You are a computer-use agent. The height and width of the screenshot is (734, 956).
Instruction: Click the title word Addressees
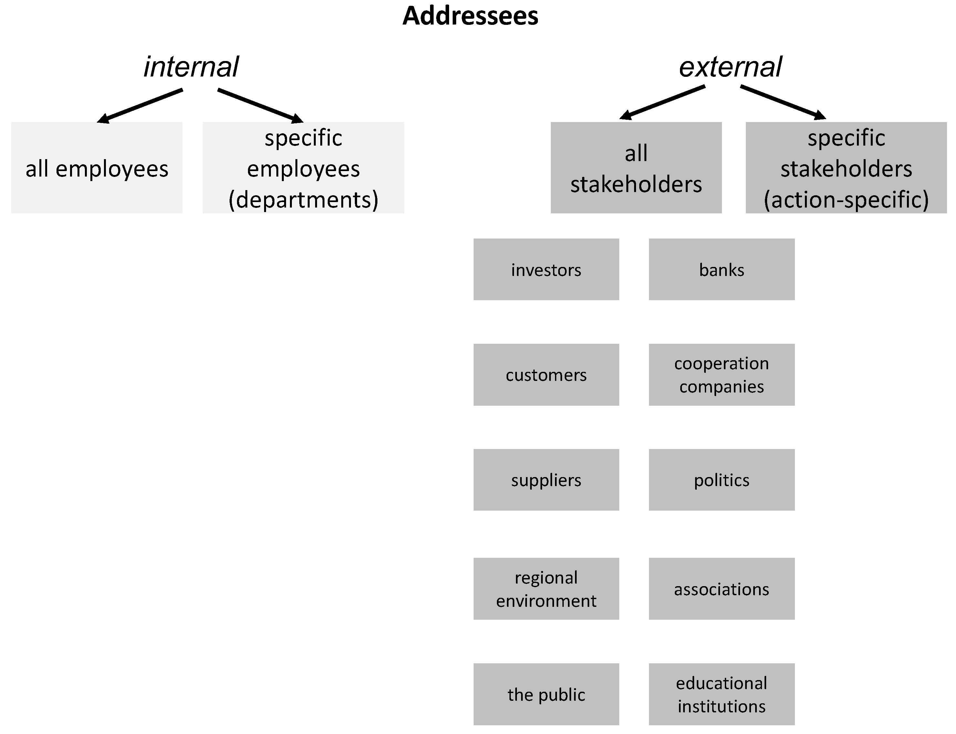point(470,16)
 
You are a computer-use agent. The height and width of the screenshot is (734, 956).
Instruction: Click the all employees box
point(97,168)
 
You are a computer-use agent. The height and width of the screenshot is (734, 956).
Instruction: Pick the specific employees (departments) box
point(303,168)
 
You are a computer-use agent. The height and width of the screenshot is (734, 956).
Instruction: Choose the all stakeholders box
point(636,168)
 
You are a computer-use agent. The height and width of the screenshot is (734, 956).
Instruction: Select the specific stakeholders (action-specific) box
point(846,168)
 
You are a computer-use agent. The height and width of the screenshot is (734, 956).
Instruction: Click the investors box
point(546,270)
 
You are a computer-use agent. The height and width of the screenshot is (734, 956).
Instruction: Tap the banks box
point(721,270)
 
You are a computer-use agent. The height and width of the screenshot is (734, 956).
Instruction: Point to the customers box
point(546,375)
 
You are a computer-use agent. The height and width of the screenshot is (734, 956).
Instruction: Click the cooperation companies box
point(721,375)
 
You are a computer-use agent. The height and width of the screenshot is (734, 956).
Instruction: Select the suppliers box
point(546,480)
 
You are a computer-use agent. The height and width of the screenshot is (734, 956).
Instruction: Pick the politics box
point(721,480)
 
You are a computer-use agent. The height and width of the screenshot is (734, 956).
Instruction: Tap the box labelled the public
point(546,694)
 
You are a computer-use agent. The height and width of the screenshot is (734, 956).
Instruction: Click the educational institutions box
point(721,694)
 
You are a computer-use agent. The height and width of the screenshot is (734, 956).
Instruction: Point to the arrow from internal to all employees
point(140,106)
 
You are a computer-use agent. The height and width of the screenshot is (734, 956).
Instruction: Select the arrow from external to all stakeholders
point(663,103)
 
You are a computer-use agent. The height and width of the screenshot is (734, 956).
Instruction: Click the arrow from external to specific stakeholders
point(783,103)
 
